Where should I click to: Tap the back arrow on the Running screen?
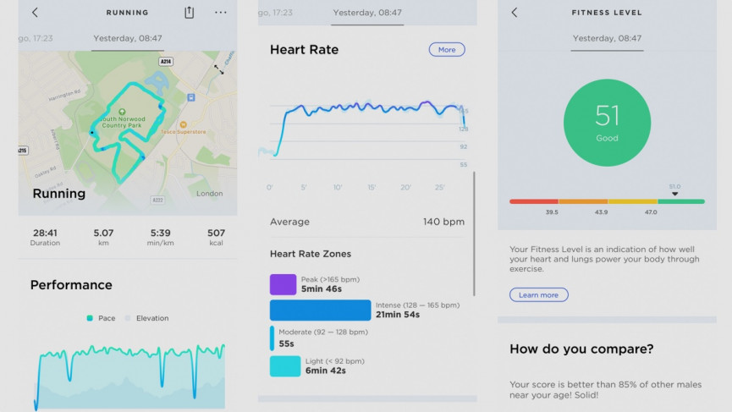[35, 13]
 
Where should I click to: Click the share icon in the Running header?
[190, 13]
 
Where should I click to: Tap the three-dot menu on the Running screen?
[221, 13]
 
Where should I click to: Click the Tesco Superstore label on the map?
[180, 131]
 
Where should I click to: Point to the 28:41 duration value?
[45, 233]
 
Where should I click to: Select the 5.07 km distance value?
[103, 233]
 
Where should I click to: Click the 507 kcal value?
[216, 233]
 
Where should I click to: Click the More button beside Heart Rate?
[447, 50]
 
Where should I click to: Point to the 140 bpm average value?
[443, 222]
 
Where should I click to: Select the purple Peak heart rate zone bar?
[283, 284]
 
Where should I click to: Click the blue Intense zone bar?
[320, 310]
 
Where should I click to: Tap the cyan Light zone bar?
[284, 366]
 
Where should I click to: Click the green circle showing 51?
[607, 123]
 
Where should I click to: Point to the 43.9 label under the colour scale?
[601, 212]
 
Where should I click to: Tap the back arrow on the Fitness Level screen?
[515, 13]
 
